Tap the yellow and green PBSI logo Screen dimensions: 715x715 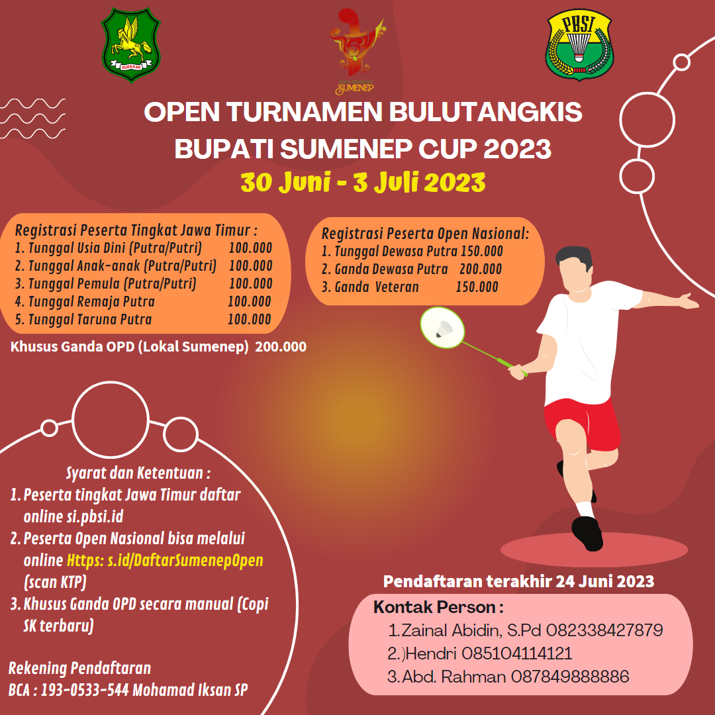coord(580,44)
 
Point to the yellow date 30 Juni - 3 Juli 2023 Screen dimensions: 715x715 coord(363,181)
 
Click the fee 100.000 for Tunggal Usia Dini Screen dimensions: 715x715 coord(250,248)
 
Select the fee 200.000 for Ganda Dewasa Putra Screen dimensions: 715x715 coord(481,269)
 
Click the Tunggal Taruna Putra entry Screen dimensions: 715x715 coord(83,320)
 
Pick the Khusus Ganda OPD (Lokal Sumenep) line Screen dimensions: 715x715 coord(129,346)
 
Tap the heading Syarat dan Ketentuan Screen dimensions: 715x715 coord(138,473)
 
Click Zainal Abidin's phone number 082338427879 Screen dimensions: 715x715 coord(604,630)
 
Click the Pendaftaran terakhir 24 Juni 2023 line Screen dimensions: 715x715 coord(519,582)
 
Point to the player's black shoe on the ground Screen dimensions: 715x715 coord(587,533)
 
